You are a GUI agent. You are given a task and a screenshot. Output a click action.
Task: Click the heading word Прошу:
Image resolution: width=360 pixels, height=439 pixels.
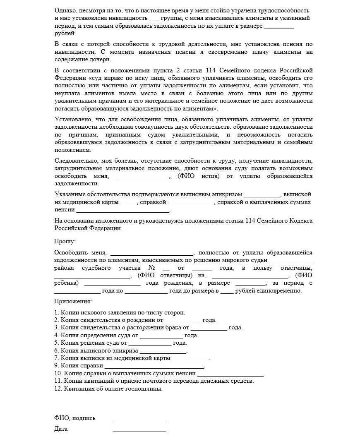click(x=65, y=240)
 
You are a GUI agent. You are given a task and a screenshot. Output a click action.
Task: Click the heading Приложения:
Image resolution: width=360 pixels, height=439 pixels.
click(x=73, y=302)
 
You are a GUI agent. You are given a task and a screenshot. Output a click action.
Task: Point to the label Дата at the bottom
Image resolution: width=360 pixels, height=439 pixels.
click(x=61, y=429)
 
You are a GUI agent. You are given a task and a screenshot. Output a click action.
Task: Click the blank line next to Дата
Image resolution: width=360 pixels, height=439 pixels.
click(x=139, y=430)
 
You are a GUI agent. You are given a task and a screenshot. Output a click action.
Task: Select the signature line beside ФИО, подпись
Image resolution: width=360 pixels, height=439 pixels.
click(x=139, y=420)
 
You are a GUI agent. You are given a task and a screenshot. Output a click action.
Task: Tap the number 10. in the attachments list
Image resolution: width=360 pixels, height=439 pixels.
click(x=58, y=374)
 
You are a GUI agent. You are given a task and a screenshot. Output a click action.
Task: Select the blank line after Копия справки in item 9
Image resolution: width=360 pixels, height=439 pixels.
click(x=155, y=366)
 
